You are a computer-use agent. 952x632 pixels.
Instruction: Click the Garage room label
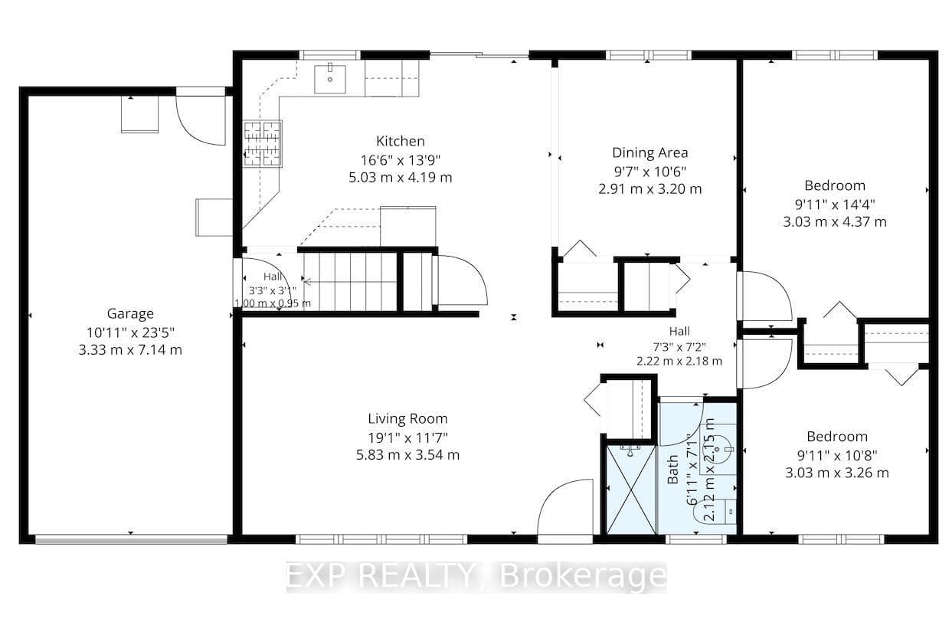coord(130,313)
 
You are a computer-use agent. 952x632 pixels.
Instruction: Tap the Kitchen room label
coord(401,141)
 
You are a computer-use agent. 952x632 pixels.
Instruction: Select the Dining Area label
coord(649,152)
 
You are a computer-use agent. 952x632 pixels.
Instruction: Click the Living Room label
coord(407,418)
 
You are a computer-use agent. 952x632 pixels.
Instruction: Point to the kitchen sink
coord(330,79)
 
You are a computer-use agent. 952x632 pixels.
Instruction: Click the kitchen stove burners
coord(262,143)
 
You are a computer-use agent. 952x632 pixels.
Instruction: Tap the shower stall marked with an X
coord(631,490)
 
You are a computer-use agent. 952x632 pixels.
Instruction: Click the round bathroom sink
coord(718,449)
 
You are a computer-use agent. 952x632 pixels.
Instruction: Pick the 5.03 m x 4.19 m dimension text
coord(401,178)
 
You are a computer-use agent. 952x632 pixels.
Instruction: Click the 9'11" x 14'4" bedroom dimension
coord(835,205)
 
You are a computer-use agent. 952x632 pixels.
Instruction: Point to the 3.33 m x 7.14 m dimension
coord(130,350)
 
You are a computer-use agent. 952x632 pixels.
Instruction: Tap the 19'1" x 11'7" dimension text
coord(407,437)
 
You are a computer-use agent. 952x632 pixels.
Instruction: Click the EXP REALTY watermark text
coord(476,576)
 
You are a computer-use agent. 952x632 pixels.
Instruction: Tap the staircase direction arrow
coord(308,281)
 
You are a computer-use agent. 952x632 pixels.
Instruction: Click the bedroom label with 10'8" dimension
coord(837,437)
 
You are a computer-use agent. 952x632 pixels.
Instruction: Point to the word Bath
coord(672,470)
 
